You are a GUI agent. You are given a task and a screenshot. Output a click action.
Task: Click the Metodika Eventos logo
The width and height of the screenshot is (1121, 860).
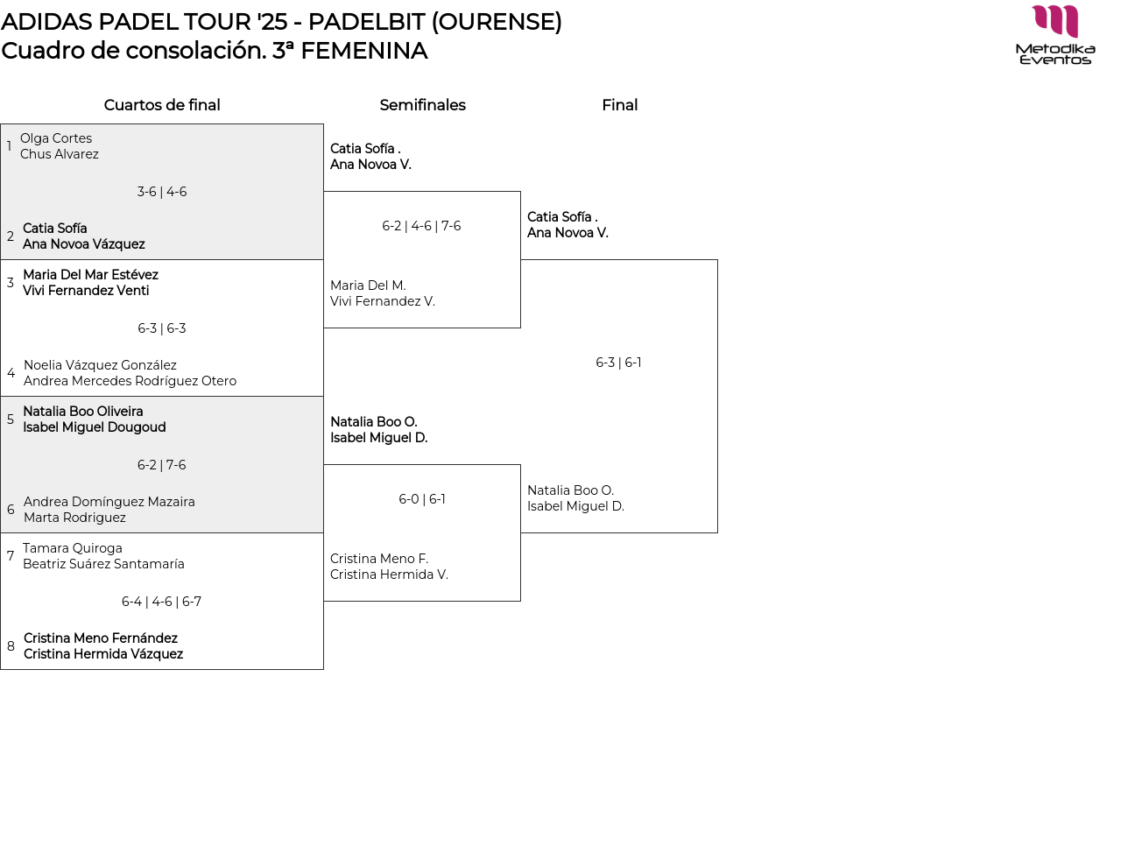(x=1055, y=35)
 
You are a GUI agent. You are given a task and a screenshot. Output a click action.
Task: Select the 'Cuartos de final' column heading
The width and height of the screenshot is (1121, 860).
(x=162, y=105)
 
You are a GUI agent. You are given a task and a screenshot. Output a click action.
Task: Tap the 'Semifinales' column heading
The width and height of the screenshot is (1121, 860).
(x=422, y=105)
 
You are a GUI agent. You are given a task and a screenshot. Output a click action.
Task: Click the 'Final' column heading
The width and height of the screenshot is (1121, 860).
(x=619, y=105)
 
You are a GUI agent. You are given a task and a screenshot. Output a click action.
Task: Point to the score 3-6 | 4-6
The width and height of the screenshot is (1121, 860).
(x=161, y=192)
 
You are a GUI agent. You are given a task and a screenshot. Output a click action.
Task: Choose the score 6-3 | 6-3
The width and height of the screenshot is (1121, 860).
(x=161, y=328)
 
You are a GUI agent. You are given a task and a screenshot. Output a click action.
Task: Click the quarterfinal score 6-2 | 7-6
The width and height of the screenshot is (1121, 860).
(x=161, y=465)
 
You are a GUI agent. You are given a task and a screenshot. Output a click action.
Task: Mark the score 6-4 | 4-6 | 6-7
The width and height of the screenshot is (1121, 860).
(x=161, y=602)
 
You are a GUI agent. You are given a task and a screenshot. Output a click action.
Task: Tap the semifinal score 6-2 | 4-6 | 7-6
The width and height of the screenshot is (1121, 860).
(x=421, y=226)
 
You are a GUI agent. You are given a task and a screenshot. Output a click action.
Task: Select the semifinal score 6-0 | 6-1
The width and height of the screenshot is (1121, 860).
(x=422, y=499)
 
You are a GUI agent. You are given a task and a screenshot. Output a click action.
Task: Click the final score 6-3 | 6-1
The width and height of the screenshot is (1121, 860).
(x=618, y=363)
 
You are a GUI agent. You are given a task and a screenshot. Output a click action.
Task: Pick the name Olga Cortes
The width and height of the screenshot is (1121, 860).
(x=56, y=138)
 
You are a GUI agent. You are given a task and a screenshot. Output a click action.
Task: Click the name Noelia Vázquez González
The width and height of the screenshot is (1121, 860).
(x=100, y=365)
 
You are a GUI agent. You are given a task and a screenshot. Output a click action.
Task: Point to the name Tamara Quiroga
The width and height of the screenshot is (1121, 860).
(x=72, y=548)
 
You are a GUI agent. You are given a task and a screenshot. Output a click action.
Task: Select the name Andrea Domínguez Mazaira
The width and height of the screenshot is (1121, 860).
(x=109, y=502)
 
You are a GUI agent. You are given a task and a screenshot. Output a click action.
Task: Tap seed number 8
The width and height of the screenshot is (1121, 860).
(x=11, y=646)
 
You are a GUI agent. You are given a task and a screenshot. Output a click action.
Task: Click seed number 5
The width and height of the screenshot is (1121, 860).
(x=11, y=419)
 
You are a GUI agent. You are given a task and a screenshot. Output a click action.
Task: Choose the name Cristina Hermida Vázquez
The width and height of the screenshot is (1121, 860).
(x=103, y=654)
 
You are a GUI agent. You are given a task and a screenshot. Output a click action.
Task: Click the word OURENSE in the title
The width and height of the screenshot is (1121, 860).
(x=497, y=22)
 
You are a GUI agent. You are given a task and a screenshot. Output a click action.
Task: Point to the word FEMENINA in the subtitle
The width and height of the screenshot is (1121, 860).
(x=364, y=51)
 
